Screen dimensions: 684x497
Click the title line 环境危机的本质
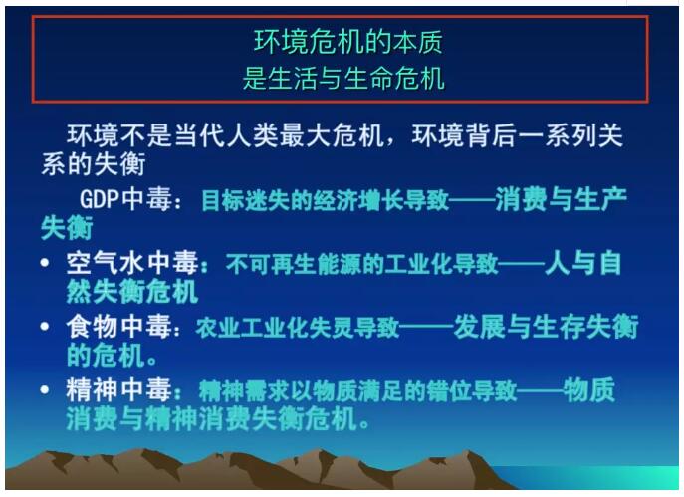(x=348, y=42)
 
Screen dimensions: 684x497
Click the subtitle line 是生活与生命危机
(x=343, y=79)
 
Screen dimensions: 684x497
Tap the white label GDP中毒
(x=125, y=199)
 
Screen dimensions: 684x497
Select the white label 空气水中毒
(x=132, y=263)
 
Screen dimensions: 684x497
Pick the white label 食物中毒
(x=118, y=327)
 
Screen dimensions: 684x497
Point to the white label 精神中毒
(x=118, y=389)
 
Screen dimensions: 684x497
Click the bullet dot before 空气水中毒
(x=45, y=262)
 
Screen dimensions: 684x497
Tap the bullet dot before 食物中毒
(x=45, y=326)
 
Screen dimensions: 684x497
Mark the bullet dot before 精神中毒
(x=45, y=389)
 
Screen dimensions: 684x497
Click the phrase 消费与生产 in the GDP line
(x=561, y=199)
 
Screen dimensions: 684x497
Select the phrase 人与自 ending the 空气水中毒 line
(x=582, y=263)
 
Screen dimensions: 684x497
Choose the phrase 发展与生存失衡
(x=546, y=327)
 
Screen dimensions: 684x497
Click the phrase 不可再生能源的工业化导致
(x=361, y=264)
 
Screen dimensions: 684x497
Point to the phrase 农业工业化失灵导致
(x=297, y=328)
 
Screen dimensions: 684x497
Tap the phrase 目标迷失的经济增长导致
(x=325, y=200)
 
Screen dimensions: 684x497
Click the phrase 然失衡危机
(x=132, y=292)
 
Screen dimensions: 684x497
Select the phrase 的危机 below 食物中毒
(x=106, y=356)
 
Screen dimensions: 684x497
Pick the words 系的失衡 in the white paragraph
(x=93, y=164)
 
